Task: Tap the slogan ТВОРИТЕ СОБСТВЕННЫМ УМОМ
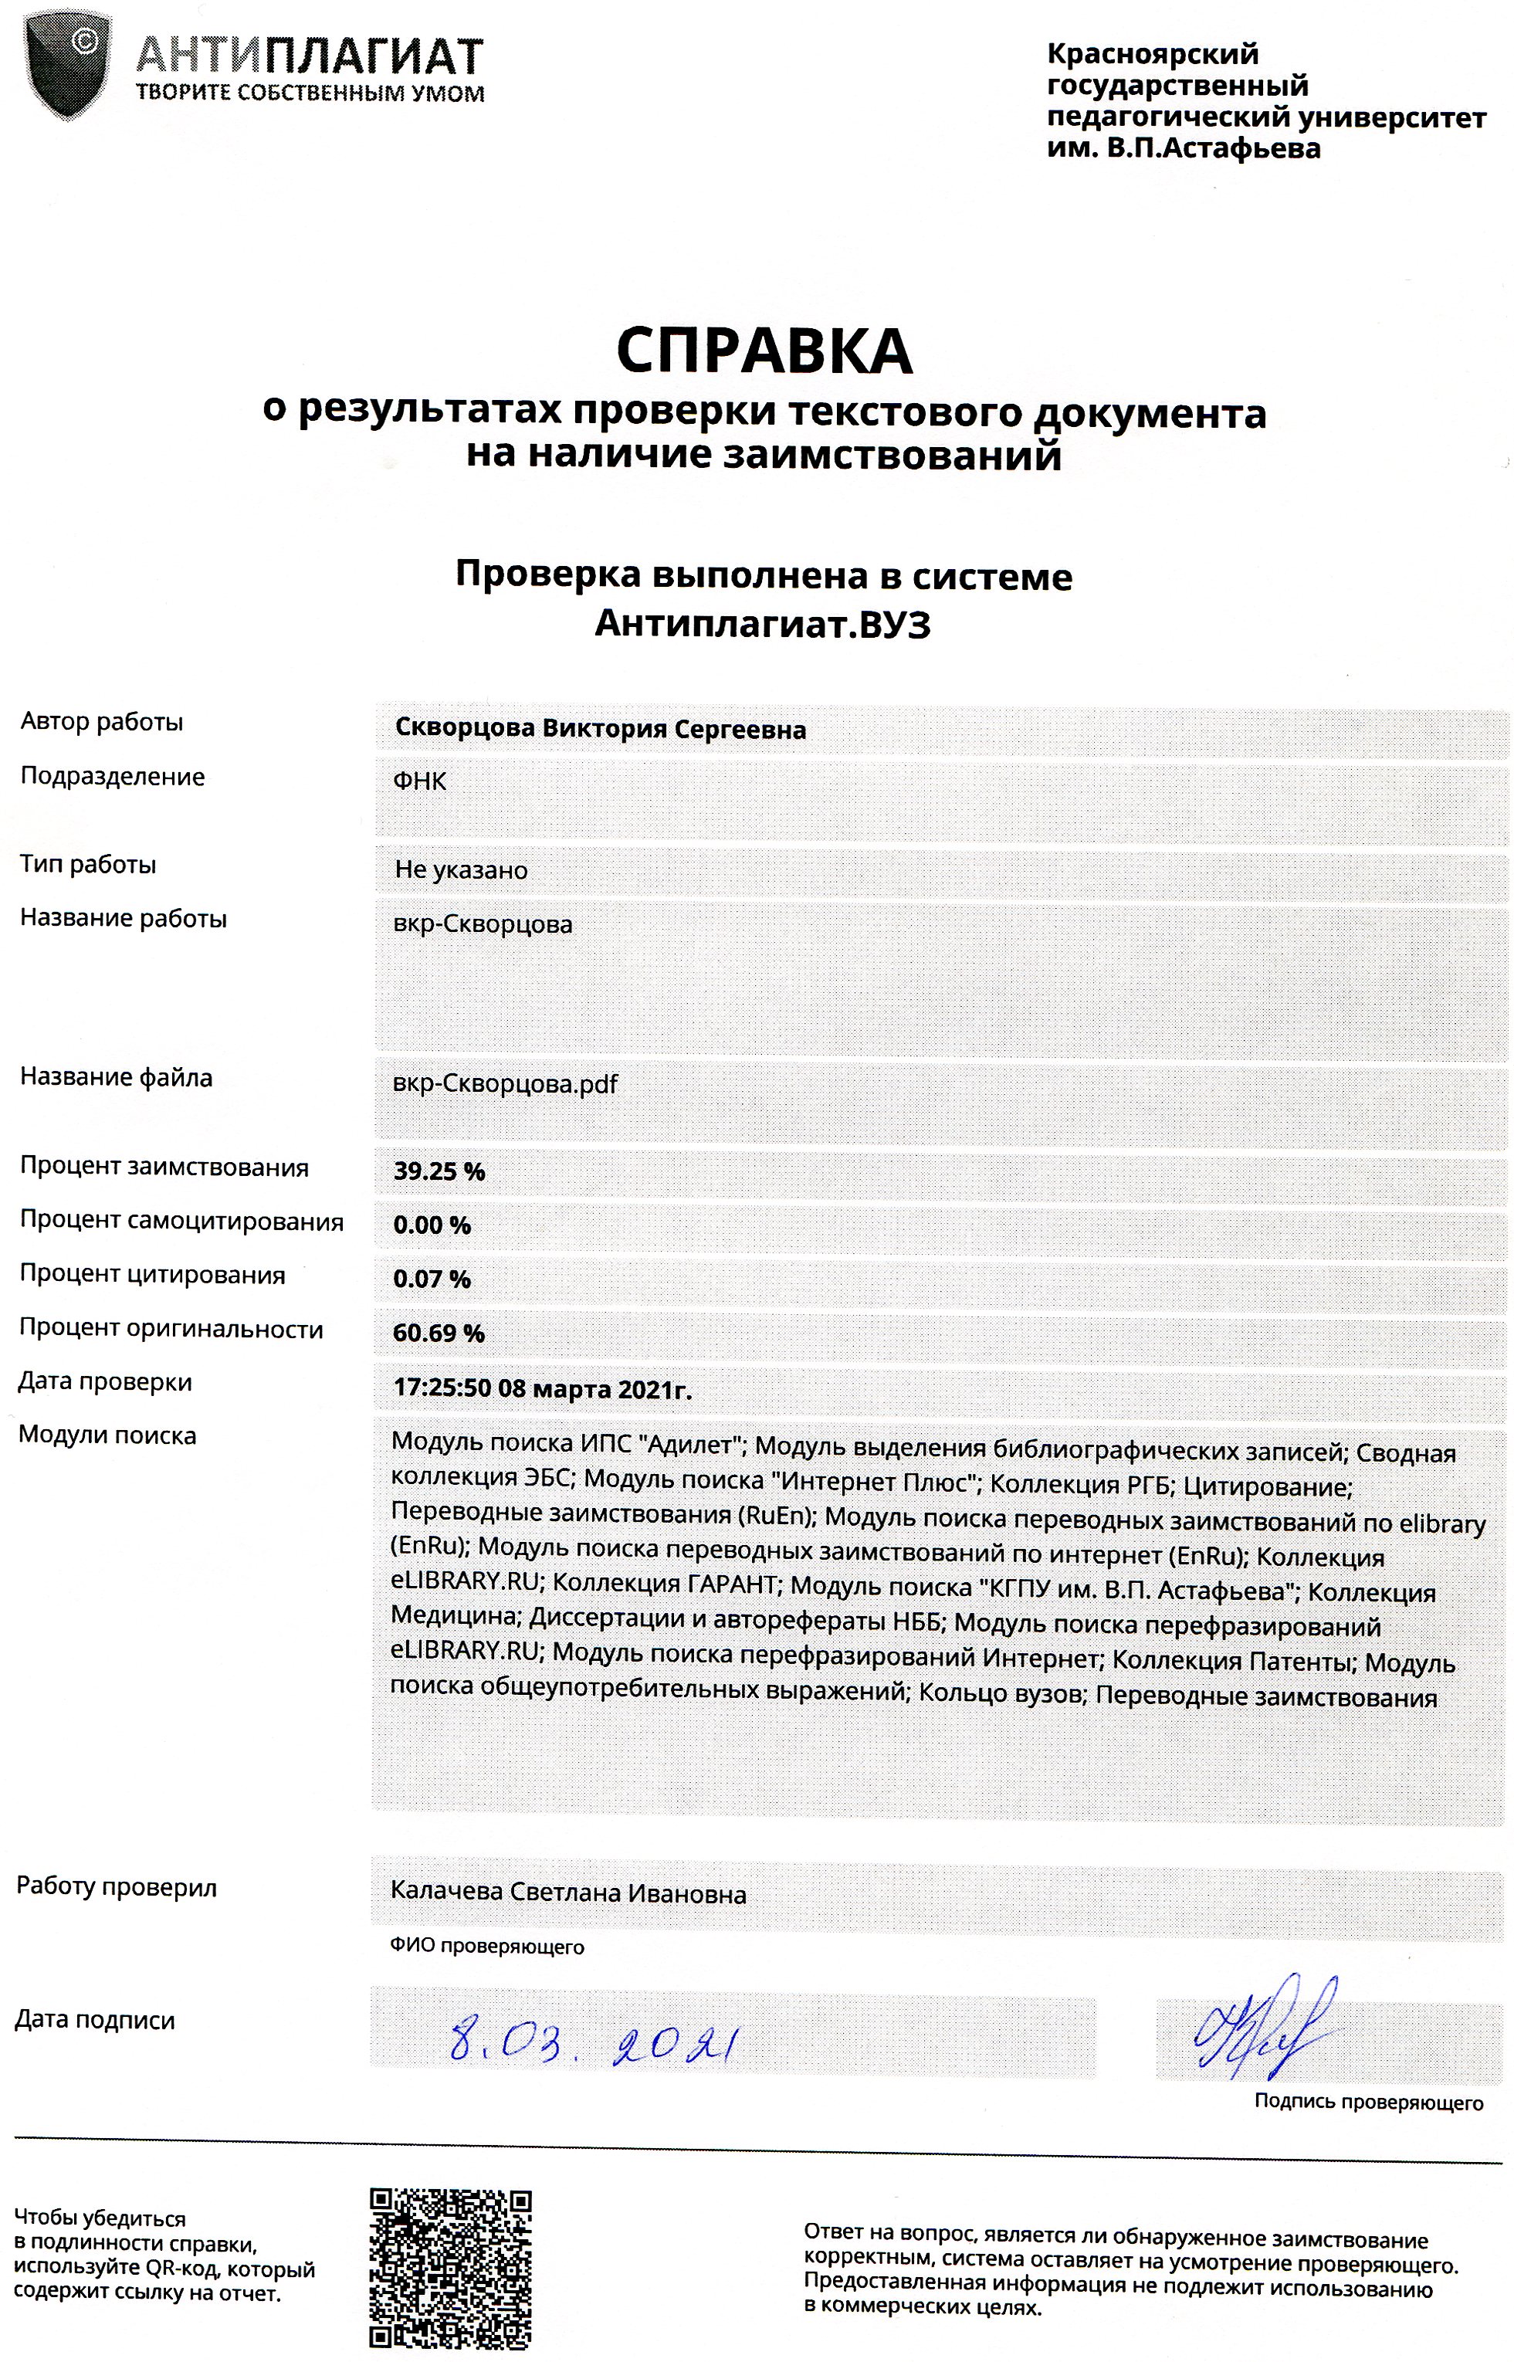tap(310, 94)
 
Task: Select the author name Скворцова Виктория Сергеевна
tap(600, 730)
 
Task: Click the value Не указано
tap(461, 870)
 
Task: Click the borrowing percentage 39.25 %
tap(439, 1171)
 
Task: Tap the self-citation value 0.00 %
tap(432, 1225)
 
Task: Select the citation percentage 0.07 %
tap(432, 1279)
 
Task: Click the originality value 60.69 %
tap(439, 1333)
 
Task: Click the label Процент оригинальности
tap(171, 1329)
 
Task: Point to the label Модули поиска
tap(107, 1435)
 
